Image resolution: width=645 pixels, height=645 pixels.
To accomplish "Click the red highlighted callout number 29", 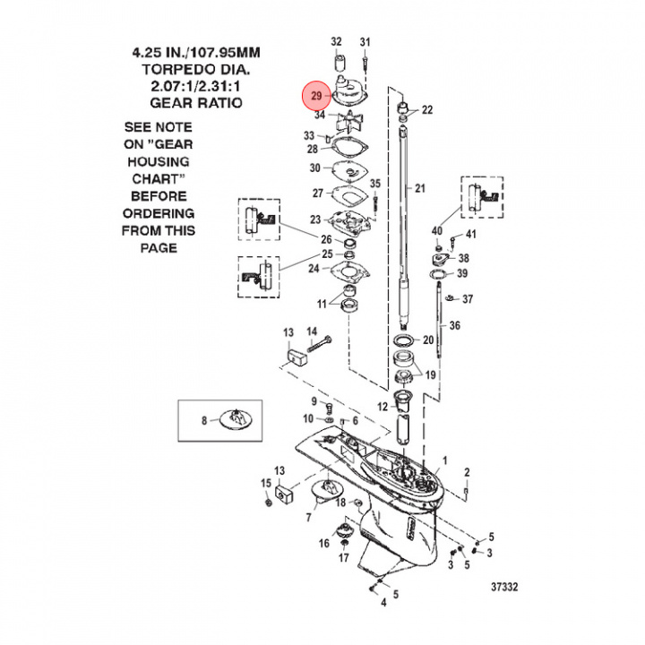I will [x=315, y=97].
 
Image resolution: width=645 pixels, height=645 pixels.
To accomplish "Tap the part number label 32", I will [x=336, y=42].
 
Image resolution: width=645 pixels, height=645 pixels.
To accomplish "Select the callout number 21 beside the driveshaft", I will [x=420, y=188].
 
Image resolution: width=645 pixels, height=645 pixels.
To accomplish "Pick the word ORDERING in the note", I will [x=158, y=213].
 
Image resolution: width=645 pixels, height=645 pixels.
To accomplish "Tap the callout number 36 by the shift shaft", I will [x=454, y=325].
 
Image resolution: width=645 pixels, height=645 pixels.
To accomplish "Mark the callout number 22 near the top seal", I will [x=426, y=110].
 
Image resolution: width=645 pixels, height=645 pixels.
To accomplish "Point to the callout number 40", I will [x=437, y=231].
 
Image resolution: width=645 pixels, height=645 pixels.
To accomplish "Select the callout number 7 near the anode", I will [x=310, y=517].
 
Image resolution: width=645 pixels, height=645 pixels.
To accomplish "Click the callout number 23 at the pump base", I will [x=314, y=219].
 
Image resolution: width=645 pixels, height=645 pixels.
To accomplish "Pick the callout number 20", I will [x=427, y=340].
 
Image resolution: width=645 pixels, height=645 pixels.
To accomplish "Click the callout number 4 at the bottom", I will [x=383, y=603].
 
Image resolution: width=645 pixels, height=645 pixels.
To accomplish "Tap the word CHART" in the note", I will [x=158, y=177].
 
